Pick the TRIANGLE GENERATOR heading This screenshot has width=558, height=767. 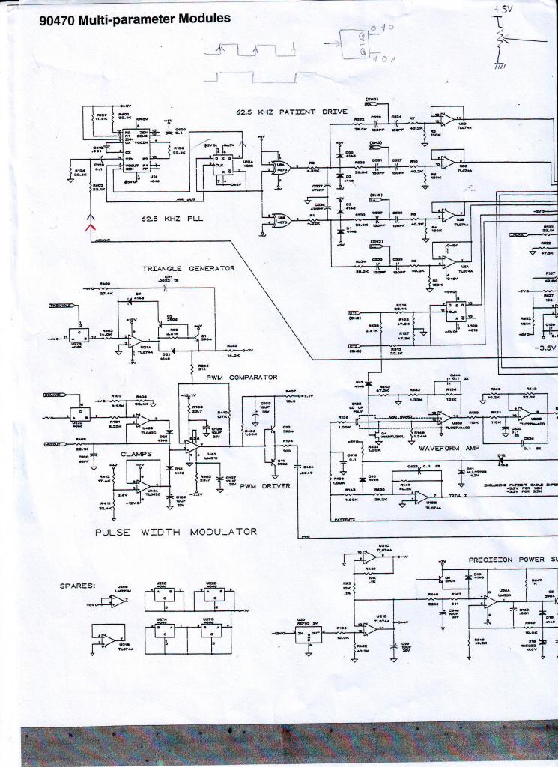pyautogui.click(x=189, y=268)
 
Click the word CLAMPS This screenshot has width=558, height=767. pyautogui.click(x=136, y=453)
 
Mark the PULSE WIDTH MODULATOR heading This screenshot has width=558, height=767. pyautogui.click(x=176, y=532)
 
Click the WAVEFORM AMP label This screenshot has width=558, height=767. pyautogui.click(x=447, y=448)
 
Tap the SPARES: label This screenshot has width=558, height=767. pyautogui.click(x=78, y=586)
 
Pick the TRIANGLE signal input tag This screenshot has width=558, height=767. pyautogui.click(x=61, y=306)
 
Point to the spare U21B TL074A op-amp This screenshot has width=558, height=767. pyautogui.click(x=106, y=640)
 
